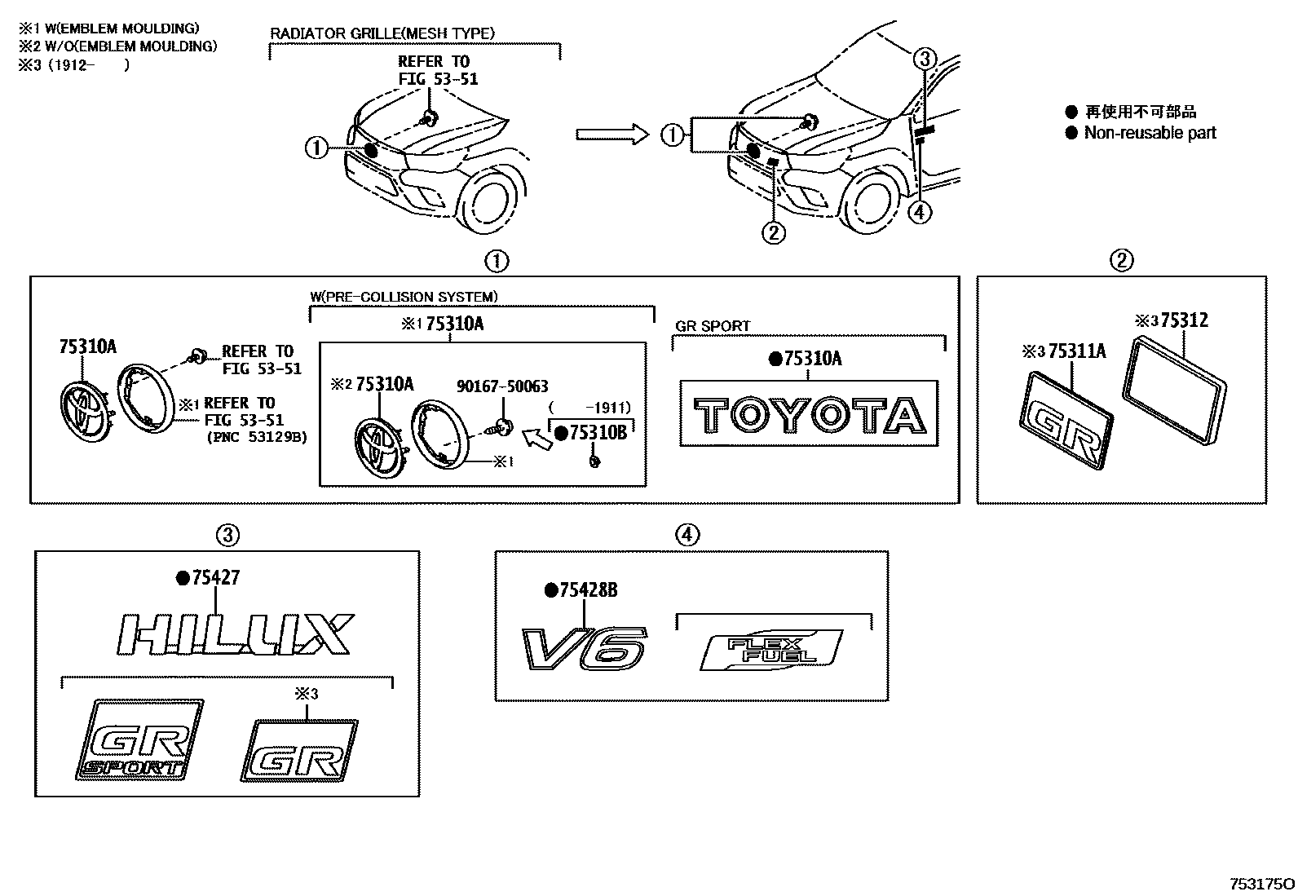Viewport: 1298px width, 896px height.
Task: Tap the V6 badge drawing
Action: pos(585,650)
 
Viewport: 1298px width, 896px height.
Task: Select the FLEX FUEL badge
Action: pos(770,650)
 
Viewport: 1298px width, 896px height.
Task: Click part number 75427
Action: pos(215,578)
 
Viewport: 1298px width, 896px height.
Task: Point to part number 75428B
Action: pos(587,590)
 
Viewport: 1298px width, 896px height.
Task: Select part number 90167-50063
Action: pos(501,386)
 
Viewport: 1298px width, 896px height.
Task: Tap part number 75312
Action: pos(1184,320)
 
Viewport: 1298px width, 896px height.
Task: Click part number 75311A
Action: pos(1076,351)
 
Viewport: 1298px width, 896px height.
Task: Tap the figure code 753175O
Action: pos(1261,884)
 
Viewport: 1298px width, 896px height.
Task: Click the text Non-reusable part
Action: pos(1149,133)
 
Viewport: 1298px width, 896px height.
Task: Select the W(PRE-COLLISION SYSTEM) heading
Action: pos(404,297)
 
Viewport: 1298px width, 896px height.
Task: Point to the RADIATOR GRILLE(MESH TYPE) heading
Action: pos(382,33)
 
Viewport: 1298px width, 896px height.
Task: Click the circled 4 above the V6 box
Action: pos(687,535)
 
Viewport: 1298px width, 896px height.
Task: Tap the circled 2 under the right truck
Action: pos(773,232)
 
